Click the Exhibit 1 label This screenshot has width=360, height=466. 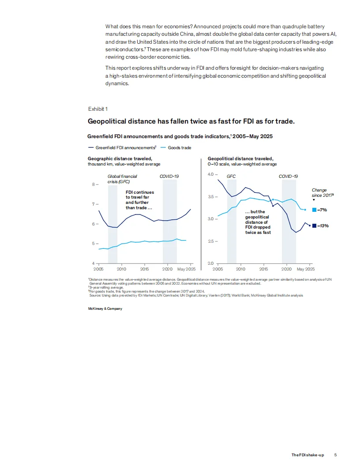point(97,109)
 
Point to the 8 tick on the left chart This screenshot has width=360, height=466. point(94,184)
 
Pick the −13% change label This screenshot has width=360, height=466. point(323,225)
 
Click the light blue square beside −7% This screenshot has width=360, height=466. point(314,210)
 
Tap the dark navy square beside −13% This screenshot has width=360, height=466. point(314,225)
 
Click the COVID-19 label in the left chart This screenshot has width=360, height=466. point(169,176)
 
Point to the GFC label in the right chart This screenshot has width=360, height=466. point(231,176)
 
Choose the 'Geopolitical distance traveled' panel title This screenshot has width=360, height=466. point(240,158)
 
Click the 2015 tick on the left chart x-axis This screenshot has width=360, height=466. point(144,269)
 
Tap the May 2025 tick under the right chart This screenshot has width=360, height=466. point(305,269)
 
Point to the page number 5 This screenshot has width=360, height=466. point(336,455)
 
